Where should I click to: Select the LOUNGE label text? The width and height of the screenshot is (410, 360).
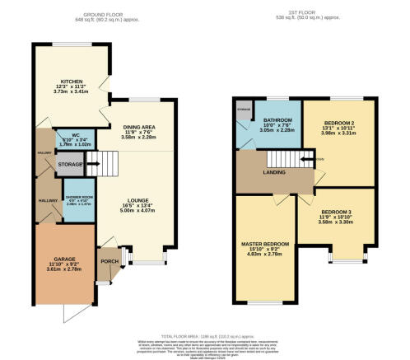tap(136, 200)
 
